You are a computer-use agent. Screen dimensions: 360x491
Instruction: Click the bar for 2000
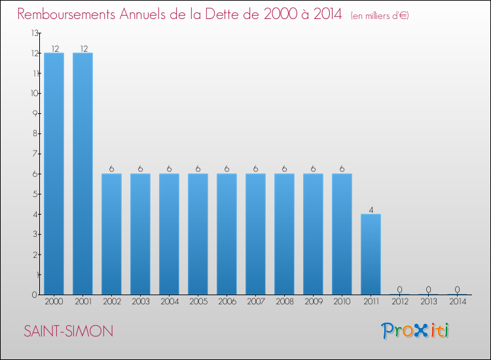(54, 173)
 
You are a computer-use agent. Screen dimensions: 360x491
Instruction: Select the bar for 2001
(82, 173)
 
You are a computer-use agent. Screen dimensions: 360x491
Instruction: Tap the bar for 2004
(169, 234)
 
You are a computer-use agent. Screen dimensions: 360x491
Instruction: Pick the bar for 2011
(371, 254)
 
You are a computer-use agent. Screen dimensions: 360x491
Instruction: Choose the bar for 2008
(284, 234)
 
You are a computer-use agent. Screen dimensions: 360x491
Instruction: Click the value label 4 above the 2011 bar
(371, 209)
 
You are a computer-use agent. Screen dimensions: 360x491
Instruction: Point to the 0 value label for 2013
(428, 289)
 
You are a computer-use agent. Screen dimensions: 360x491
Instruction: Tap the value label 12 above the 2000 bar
(54, 48)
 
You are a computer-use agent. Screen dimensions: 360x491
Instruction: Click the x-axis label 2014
(457, 302)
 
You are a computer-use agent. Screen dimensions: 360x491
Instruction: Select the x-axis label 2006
(227, 302)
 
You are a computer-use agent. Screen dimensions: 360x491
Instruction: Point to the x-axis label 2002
(111, 302)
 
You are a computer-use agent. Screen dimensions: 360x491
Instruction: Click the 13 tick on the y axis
(35, 33)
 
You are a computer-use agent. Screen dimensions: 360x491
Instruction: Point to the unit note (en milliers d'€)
(380, 15)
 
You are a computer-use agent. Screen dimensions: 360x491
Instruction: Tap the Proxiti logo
(416, 331)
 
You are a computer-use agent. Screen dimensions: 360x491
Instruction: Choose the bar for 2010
(342, 234)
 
